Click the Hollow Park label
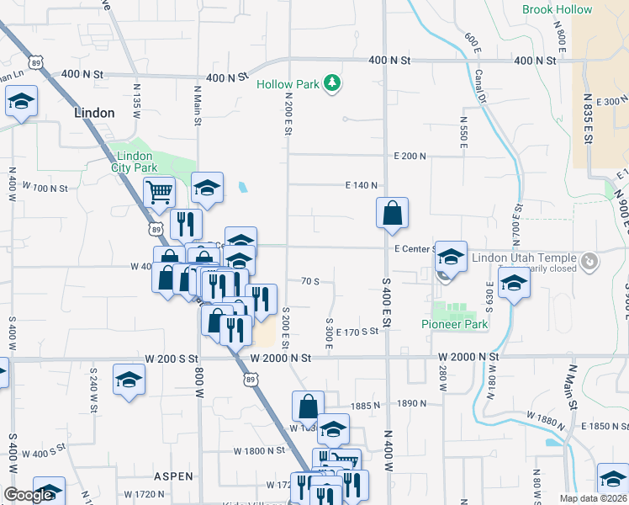tap(288, 84)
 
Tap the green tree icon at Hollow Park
tap(334, 82)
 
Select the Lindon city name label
tap(94, 112)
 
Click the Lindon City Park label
tap(135, 162)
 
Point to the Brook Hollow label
tap(557, 10)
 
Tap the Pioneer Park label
tap(455, 324)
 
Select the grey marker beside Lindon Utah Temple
tap(589, 261)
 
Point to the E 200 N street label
tap(410, 157)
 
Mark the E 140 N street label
tap(362, 185)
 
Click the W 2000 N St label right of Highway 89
tap(281, 358)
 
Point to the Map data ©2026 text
tap(594, 498)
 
